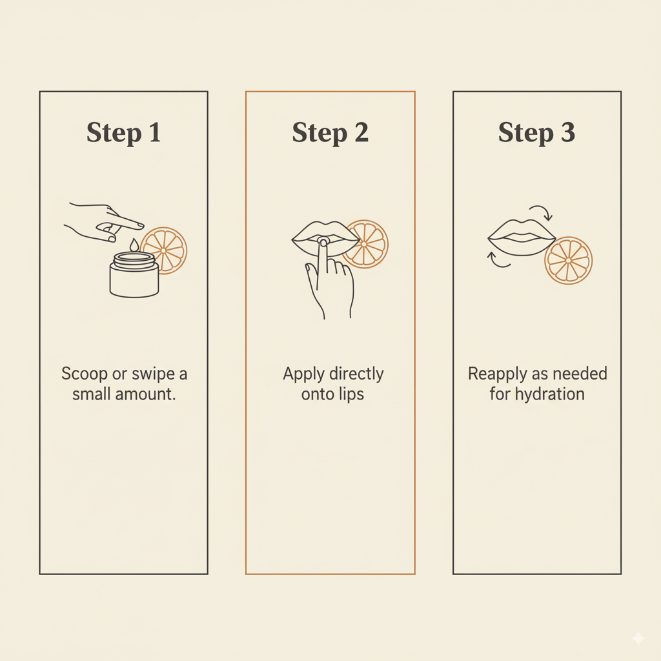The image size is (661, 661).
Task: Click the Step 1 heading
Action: pos(123,133)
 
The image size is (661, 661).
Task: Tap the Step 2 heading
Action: pos(330,133)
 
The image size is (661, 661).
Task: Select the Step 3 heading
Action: pos(536,133)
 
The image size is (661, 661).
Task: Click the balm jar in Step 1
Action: pos(134,275)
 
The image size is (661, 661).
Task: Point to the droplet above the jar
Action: pos(134,245)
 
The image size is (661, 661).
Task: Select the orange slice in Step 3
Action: pos(568,261)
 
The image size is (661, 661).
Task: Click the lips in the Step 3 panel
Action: pos(522,238)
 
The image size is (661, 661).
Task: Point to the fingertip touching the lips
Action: pos(323,242)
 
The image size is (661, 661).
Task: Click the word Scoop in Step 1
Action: pos(84,374)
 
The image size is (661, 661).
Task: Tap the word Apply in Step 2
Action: pos(303,374)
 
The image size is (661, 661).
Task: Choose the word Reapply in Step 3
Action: pos(496,374)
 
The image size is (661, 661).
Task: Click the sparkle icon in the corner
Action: pos(638,638)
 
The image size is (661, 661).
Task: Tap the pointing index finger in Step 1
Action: pos(127,221)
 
